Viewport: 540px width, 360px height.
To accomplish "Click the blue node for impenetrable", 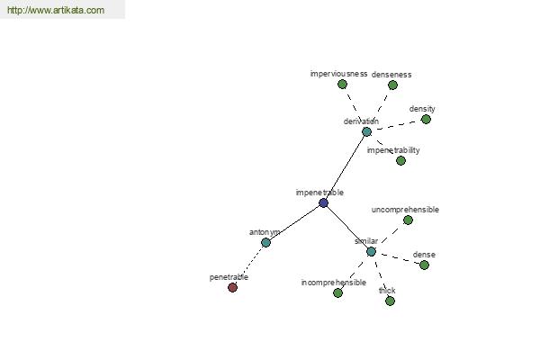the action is coord(323,202).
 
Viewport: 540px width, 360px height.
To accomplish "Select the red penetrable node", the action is coord(233,287).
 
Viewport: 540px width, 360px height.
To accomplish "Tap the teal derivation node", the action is coord(367,131).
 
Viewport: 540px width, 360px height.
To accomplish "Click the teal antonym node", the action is coord(265,242).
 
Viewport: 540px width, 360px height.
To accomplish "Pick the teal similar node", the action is coord(371,252).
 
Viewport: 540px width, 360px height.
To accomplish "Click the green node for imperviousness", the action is coord(342,84).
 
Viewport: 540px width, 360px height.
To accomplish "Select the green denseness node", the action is coord(393,85).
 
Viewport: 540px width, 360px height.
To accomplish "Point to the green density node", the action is coord(426,119).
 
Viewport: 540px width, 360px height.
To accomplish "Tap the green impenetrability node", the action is coord(400,160).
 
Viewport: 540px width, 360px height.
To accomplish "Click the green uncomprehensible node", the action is coord(408,220).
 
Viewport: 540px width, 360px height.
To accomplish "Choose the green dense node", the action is coord(424,265).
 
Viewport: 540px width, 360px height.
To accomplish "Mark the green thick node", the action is coord(390,301).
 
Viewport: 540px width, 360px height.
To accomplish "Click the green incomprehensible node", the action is coord(338,292).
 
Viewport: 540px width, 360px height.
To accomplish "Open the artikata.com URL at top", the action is coord(56,10).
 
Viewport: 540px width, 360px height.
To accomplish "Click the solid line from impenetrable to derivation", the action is coord(345,167).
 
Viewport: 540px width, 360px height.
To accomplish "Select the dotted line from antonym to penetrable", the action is coord(249,265).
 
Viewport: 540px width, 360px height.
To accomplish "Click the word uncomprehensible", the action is coord(405,210).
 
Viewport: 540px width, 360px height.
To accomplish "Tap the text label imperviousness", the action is coord(339,74).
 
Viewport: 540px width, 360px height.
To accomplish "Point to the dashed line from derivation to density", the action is coord(396,125).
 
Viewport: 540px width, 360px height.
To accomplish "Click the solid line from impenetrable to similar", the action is coord(347,228).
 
